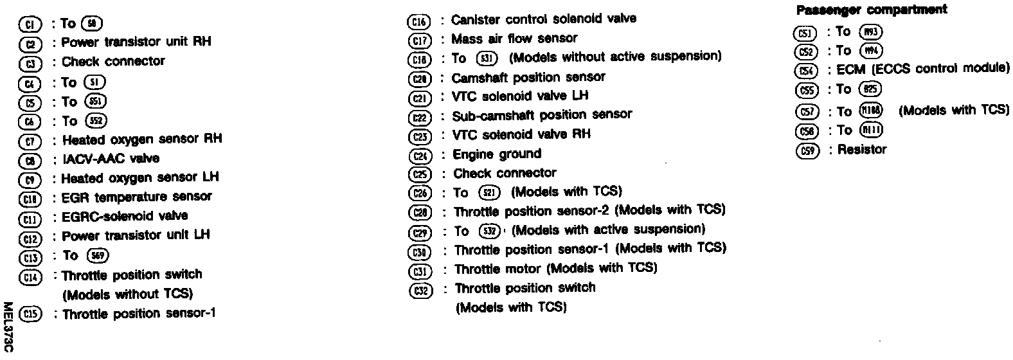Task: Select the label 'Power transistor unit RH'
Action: [x=136, y=42]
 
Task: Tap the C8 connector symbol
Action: [x=30, y=160]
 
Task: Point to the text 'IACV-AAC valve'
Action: [x=111, y=159]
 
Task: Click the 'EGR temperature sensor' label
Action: [x=136, y=197]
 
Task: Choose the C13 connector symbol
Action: [x=30, y=257]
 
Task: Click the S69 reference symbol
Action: [x=100, y=256]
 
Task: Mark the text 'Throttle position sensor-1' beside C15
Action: [x=139, y=314]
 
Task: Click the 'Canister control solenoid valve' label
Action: [x=544, y=19]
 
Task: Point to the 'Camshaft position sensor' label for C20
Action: [x=528, y=77]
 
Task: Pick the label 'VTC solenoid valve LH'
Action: [x=520, y=96]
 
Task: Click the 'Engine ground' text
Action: [x=497, y=154]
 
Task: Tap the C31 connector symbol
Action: [x=420, y=271]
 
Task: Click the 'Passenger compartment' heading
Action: [x=871, y=10]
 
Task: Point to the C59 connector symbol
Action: [x=806, y=152]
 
